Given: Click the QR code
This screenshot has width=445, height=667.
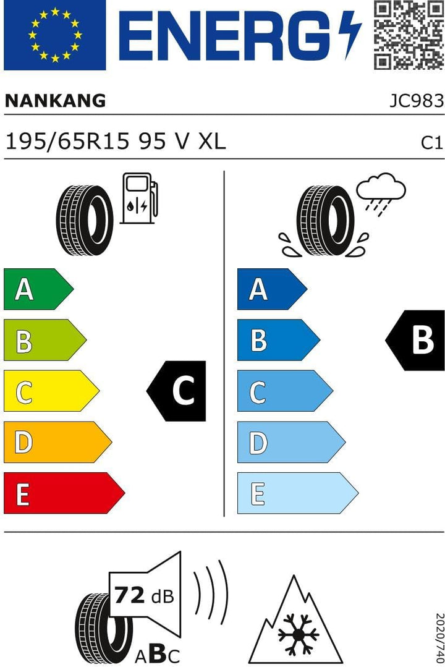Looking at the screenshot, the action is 409,35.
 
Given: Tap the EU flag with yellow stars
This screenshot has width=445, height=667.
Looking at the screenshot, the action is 54,35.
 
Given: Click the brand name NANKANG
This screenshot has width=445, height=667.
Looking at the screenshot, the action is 55,101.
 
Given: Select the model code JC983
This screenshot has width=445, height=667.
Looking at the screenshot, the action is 417,101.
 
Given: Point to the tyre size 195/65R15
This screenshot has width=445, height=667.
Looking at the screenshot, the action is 67,141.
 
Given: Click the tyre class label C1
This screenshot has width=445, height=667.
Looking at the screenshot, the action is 432,143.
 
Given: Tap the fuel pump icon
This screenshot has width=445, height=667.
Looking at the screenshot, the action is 139,198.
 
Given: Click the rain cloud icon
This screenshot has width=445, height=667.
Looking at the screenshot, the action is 381,194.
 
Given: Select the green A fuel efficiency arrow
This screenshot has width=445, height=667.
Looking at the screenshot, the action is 38,289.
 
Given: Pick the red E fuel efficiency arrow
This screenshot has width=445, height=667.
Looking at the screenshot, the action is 64,493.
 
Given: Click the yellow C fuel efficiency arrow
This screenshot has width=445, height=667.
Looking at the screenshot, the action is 51,391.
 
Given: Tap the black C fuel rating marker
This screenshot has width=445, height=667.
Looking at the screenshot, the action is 176,391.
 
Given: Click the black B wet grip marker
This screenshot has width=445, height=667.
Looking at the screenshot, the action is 415,340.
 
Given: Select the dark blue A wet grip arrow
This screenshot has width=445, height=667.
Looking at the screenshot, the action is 273,289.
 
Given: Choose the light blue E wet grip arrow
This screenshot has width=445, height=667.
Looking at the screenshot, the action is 298,493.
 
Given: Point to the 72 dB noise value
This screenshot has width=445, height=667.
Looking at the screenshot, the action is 144,595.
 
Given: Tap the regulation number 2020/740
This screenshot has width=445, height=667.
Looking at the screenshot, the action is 439,639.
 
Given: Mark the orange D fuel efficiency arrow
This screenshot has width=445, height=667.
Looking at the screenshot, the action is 58,442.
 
